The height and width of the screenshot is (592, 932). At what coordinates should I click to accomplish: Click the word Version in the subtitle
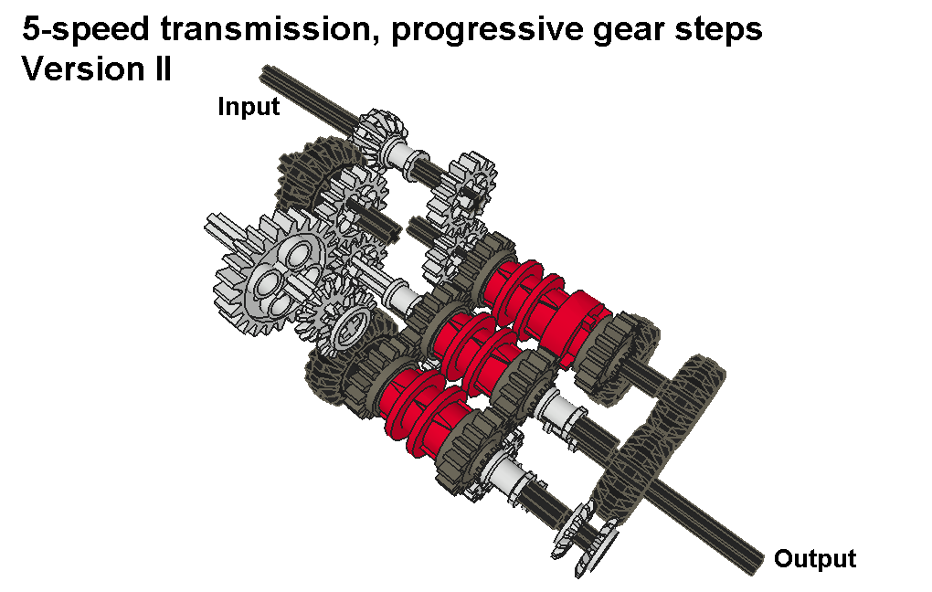click(x=79, y=69)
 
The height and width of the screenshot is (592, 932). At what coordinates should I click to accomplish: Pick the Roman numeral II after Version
click(x=159, y=69)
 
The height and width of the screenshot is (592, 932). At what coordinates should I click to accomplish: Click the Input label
click(x=249, y=107)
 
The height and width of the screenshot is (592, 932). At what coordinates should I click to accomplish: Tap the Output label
click(x=815, y=559)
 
